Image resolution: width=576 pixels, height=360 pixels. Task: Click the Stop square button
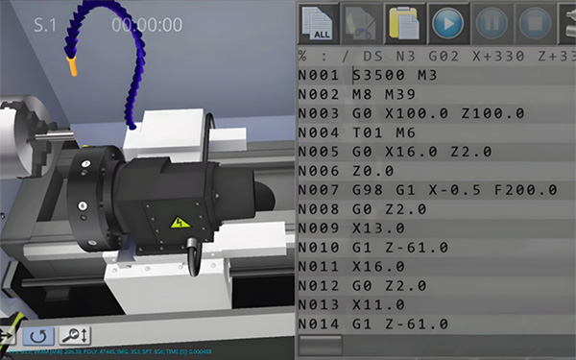click(x=532, y=21)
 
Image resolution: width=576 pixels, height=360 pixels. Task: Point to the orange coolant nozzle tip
click(x=71, y=68)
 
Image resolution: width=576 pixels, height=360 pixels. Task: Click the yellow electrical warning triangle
click(x=179, y=224)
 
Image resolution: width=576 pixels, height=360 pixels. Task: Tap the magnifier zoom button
click(x=74, y=335)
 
